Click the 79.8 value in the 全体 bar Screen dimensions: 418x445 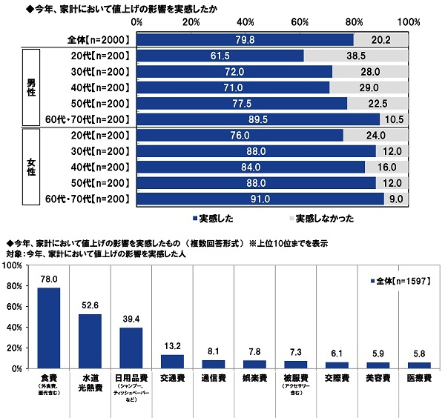click(245, 40)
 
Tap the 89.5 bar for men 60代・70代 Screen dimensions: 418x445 click(258, 119)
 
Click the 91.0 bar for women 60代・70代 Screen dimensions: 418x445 click(260, 199)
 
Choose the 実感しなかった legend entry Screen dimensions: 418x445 click(323, 218)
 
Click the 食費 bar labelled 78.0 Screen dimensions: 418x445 click(48, 328)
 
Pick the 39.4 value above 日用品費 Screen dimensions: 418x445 click(131, 319)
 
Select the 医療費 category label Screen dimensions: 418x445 click(418, 376)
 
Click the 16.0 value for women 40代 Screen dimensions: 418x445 click(385, 167)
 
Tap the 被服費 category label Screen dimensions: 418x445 click(294, 376)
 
